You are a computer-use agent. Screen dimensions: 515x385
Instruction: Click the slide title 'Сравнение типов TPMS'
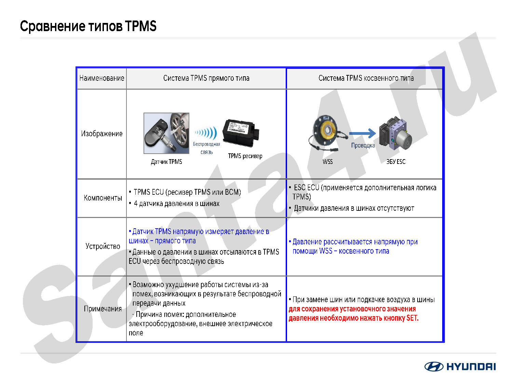pos(88,26)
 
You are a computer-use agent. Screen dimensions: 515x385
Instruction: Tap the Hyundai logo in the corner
pos(460,367)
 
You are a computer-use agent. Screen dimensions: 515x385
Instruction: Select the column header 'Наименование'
pos(101,78)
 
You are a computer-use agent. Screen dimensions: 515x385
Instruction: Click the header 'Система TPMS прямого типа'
pos(206,78)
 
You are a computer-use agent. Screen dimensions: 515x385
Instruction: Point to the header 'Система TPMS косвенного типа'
pos(366,78)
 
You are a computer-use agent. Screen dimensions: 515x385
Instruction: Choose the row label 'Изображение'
pos(101,133)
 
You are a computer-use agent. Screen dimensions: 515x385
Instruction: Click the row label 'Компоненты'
pos(103,198)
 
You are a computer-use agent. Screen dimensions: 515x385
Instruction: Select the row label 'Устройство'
pos(103,246)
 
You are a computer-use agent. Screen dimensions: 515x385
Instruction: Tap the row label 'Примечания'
pos(103,308)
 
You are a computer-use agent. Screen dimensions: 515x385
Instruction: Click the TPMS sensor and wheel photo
pos(166,133)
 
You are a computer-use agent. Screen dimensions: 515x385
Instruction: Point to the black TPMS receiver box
pos(241,133)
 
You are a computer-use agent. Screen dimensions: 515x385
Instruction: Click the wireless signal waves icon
pos(206,133)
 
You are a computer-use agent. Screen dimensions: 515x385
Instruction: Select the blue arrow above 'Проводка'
pos(363,133)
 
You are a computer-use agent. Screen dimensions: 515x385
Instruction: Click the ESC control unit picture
pos(395,133)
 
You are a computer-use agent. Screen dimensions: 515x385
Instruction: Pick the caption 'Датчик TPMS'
pos(166,162)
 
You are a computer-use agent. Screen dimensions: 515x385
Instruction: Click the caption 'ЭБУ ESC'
pos(396,162)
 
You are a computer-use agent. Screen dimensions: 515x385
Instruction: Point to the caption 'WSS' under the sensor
pos(327,162)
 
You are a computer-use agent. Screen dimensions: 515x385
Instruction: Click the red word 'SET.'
pos(412,318)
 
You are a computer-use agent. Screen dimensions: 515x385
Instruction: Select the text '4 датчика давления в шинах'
pos(177,203)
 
